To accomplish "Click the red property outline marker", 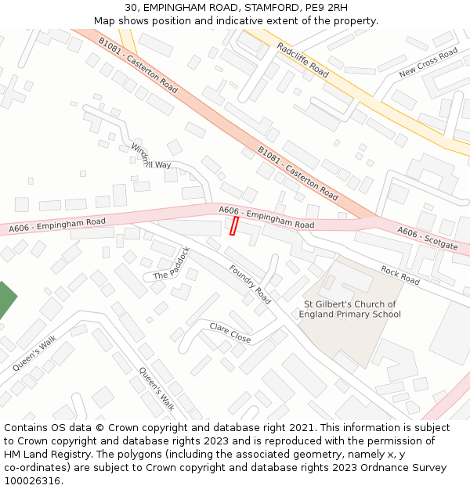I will (x=233, y=226).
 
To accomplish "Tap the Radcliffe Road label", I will (x=302, y=59).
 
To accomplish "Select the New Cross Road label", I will (x=428, y=63).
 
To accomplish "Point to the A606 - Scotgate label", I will (x=427, y=238).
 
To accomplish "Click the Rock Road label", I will (x=400, y=275).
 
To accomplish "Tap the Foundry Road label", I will (x=250, y=284).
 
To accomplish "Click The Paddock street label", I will (x=172, y=264).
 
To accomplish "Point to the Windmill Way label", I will (x=150, y=156).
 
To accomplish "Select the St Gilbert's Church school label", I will (x=349, y=309).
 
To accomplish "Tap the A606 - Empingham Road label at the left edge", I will (x=56, y=225).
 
